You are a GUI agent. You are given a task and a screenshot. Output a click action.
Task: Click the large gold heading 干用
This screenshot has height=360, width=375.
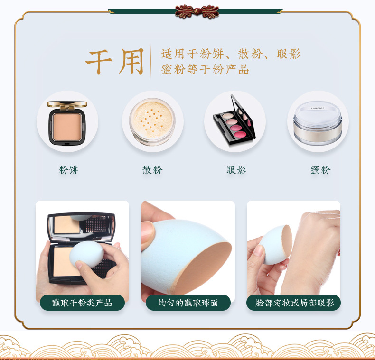coord(115,61)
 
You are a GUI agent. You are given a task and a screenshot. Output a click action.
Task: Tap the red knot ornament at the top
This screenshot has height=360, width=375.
coord(197,11)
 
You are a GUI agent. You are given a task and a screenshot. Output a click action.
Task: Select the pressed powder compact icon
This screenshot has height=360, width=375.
coord(67,123)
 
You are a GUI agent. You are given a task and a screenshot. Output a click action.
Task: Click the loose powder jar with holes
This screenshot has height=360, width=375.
coord(152,121)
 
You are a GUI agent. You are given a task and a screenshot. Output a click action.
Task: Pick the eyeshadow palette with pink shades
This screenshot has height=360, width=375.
coord(234,121)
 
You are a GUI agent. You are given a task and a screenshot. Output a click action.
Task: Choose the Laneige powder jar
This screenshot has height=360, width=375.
coord(318,123)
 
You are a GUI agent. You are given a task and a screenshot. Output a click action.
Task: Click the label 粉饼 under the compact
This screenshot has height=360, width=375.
coord(69,170)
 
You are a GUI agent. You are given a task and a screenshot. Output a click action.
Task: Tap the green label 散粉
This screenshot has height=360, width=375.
coord(152,170)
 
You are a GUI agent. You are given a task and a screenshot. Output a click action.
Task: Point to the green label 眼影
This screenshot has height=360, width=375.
coord(236,170)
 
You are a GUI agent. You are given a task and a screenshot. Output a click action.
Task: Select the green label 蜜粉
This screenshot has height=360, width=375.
coord(320,170)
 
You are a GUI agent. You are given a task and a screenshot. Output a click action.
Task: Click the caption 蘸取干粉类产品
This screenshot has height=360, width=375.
coord(82,303)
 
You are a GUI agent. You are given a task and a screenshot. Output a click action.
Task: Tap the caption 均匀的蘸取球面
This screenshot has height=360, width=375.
coord(188,303)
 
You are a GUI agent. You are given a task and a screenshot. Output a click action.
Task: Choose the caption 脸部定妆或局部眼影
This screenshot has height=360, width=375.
coord(294,303)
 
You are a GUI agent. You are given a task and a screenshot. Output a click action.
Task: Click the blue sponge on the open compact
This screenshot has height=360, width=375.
coord(86,254)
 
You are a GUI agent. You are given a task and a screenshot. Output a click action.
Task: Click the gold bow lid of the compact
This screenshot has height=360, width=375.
coord(67,105)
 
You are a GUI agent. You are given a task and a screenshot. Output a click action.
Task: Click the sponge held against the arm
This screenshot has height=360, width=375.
coord(276,245)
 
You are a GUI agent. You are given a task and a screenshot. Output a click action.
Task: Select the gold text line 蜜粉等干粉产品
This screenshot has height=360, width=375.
coord(205,69)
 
